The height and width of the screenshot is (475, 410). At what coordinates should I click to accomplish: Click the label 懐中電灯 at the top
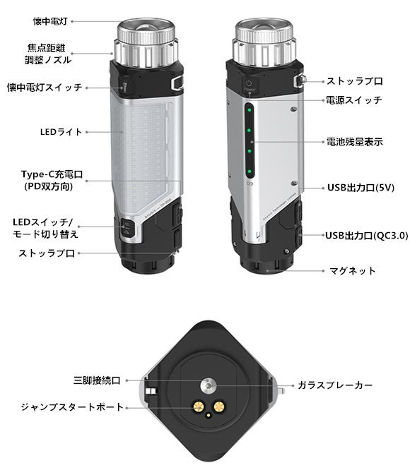[x=50, y=21]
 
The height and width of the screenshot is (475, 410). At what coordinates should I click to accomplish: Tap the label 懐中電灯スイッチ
[x=45, y=88]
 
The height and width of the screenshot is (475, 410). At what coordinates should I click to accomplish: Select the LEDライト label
[x=61, y=132]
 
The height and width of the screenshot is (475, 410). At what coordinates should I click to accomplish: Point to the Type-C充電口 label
[x=52, y=174]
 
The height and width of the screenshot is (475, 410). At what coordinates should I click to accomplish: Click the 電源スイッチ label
[x=353, y=100]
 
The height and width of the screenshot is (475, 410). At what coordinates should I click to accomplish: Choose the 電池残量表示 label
[x=354, y=142]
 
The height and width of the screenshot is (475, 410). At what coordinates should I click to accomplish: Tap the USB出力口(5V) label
[x=361, y=188]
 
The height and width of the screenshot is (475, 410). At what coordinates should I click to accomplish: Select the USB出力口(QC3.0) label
[x=367, y=236]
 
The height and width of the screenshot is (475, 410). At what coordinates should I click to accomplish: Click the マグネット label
[x=353, y=270]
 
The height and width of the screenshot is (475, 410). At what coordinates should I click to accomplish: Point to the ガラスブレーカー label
[x=335, y=385]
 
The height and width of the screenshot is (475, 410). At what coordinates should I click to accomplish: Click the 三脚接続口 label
[x=97, y=380]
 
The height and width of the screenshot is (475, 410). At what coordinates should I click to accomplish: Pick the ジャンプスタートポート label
[x=72, y=407]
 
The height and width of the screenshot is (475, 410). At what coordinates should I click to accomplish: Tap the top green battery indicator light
[x=250, y=110]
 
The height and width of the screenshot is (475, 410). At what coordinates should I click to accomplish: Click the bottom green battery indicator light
[x=250, y=172]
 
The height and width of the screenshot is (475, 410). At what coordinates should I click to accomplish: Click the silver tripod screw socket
[x=209, y=385]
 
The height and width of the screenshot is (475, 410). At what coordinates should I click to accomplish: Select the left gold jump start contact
[x=199, y=407]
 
